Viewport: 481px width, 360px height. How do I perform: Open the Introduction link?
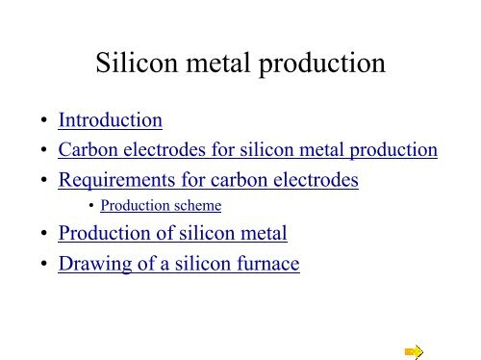tap(110, 121)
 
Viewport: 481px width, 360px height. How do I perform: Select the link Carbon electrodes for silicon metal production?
tap(248, 150)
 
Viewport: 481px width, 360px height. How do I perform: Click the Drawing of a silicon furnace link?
tap(179, 263)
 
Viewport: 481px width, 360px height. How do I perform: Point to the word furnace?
tap(266, 263)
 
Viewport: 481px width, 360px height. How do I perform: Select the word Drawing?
tap(90, 264)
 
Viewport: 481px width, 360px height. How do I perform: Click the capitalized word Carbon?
tap(84, 150)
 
